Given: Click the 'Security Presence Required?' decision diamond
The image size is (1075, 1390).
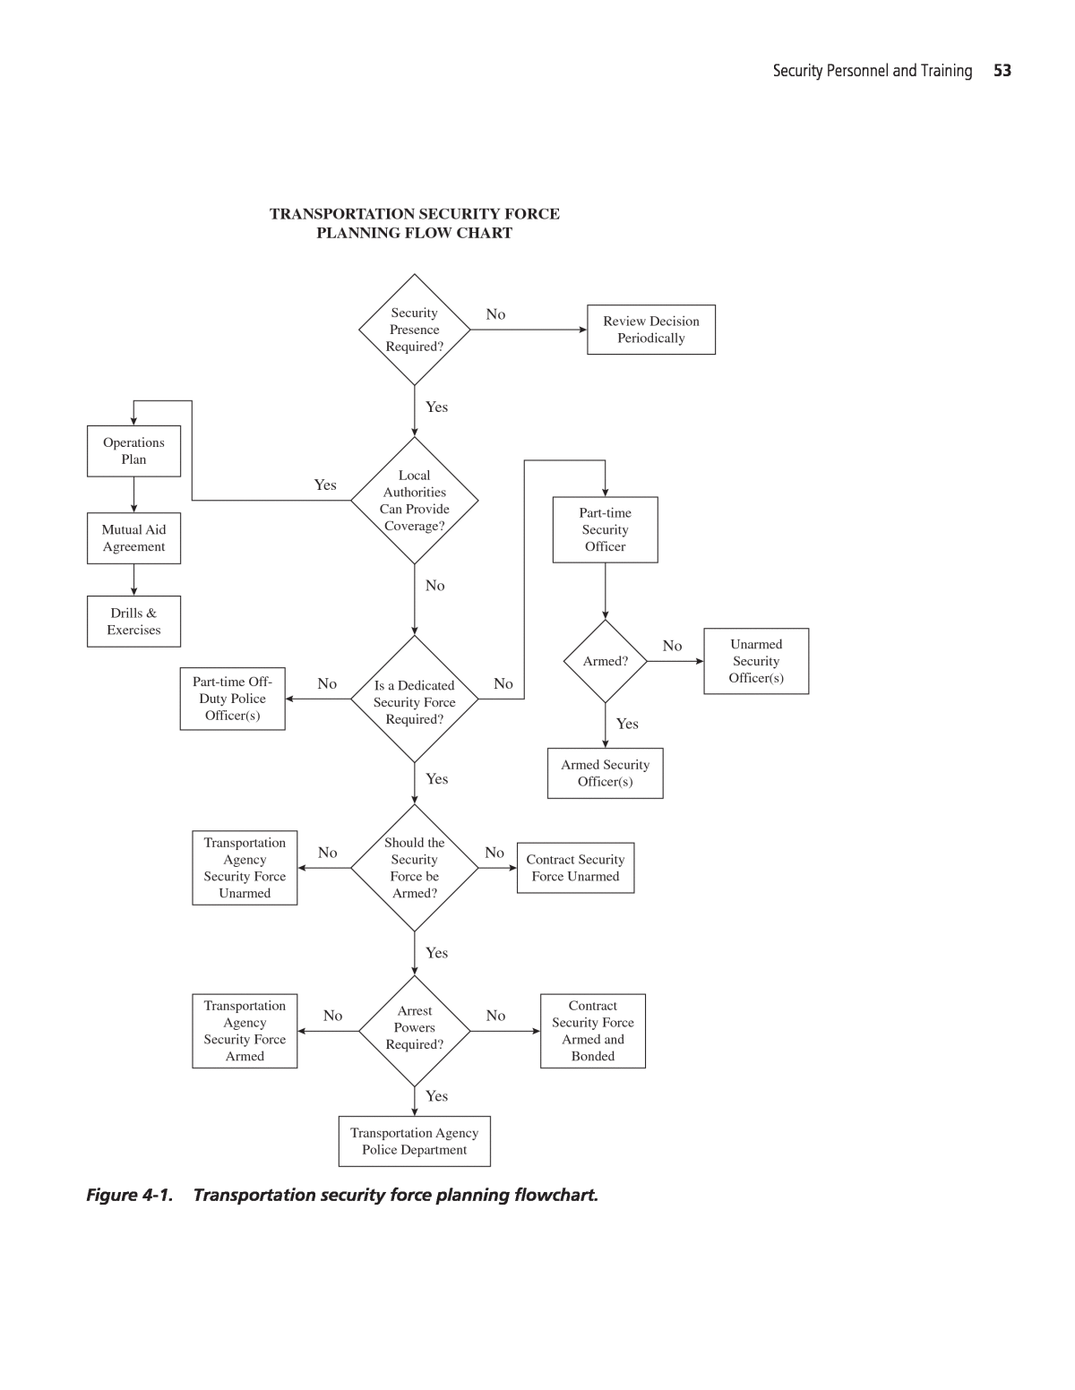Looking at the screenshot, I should tap(414, 330).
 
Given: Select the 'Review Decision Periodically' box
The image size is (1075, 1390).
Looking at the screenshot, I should tap(651, 330).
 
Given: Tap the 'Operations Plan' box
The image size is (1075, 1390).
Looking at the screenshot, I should tap(133, 450).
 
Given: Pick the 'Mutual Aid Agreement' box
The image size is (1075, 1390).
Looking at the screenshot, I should tap(133, 538).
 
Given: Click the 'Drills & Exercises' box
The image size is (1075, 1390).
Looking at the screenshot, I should tap(133, 622).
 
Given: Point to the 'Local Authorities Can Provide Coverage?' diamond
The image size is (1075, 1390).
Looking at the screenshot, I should tap(414, 501).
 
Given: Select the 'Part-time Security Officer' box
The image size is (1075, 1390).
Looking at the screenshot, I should tap(605, 529).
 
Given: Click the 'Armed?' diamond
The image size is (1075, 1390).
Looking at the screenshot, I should tap(605, 661).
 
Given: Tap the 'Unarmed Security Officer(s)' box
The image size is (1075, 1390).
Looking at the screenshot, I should tap(756, 661).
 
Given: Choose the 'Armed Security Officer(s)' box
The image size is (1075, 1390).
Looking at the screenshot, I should tap(605, 773).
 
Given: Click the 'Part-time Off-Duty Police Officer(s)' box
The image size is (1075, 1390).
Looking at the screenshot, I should tap(232, 699).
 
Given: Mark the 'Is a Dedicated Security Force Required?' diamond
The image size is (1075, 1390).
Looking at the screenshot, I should tap(414, 700).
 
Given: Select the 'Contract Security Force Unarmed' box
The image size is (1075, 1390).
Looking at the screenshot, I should tap(575, 868).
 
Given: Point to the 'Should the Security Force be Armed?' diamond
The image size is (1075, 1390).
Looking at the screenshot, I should tap(414, 868).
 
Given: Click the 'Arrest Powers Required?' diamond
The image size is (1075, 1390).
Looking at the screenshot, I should tap(414, 1030).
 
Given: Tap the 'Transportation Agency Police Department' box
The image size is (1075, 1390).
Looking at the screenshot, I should tap(414, 1141).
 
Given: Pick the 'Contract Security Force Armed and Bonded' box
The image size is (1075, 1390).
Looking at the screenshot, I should tap(592, 1031).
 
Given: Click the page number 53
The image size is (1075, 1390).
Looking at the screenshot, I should tap(1002, 71).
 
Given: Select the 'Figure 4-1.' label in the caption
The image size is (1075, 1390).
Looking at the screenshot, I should tap(129, 1195).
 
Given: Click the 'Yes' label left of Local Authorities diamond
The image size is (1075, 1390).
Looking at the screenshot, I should tap(325, 485).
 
